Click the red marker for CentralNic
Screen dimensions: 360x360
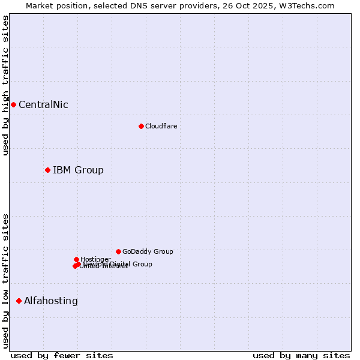click(13, 105)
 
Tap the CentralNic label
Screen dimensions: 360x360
click(43, 105)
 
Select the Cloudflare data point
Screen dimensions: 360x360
click(141, 126)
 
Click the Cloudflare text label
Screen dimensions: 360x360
click(161, 126)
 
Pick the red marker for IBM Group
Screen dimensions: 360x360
click(47, 170)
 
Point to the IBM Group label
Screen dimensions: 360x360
click(78, 170)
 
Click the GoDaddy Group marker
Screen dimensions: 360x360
click(118, 251)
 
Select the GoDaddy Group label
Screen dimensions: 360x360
click(148, 252)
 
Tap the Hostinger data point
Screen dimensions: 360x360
click(76, 259)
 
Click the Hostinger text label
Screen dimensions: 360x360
click(95, 259)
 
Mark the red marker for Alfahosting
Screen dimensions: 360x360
click(19, 301)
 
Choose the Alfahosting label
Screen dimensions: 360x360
click(51, 301)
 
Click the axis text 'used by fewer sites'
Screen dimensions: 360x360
click(62, 355)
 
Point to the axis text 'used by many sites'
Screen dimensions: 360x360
click(301, 355)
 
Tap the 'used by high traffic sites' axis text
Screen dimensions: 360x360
click(5, 85)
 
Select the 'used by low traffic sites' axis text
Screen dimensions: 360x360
click(5, 281)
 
